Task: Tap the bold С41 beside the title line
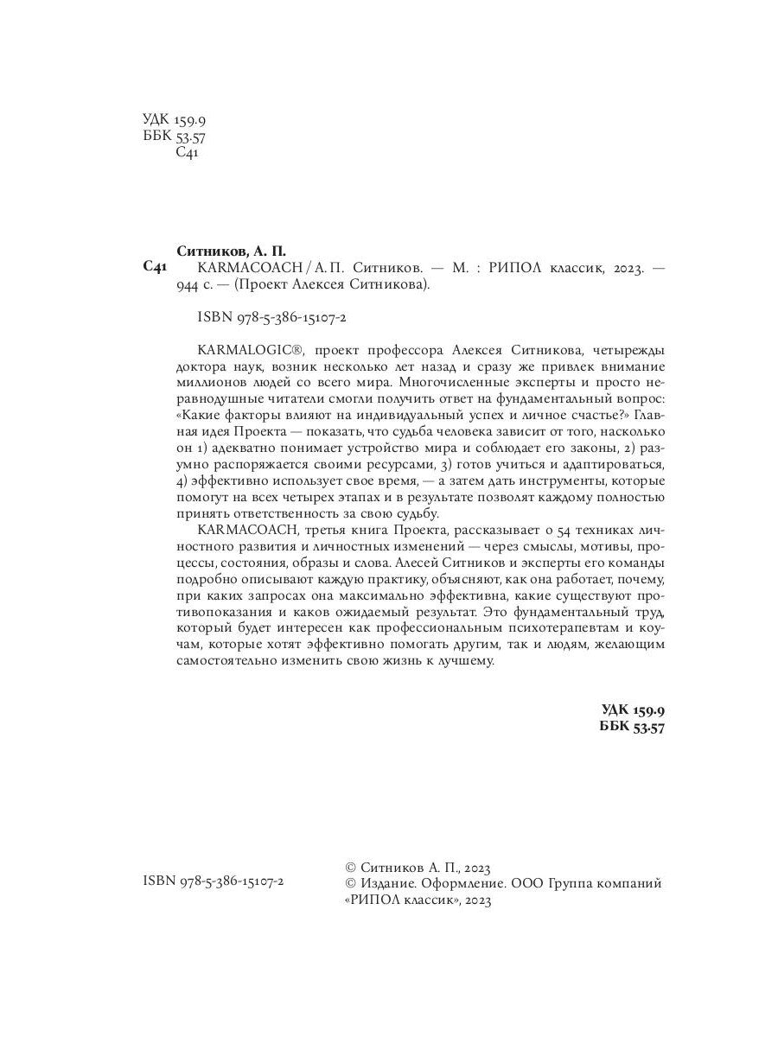coord(153,269)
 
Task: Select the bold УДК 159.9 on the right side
coord(633,709)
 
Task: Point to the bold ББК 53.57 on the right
coord(632,728)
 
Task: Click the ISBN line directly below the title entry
coord(272,318)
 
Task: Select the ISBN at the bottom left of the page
coord(213,881)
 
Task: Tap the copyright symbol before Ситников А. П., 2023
coord(350,867)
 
